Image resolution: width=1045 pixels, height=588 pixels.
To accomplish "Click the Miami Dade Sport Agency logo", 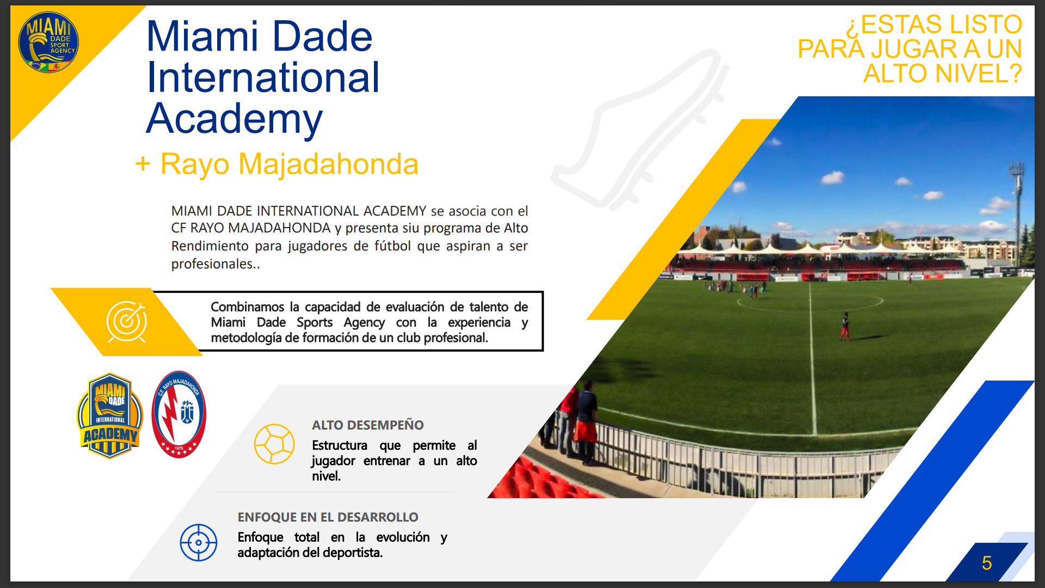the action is click(48, 42).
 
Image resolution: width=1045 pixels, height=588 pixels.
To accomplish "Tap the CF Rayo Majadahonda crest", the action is click(179, 414).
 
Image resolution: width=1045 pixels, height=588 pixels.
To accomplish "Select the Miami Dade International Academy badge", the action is click(110, 415).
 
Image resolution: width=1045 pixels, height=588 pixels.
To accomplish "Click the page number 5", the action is click(987, 563).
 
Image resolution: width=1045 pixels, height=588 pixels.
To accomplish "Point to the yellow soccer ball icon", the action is click(274, 444).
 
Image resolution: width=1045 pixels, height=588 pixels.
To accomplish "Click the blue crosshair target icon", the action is click(199, 542).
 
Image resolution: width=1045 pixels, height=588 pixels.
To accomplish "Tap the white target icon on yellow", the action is click(127, 322).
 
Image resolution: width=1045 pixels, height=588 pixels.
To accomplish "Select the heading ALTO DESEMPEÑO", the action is click(368, 425).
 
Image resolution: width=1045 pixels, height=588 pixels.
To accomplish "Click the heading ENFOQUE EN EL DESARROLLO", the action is click(328, 517).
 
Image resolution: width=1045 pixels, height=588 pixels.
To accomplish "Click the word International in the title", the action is click(263, 77).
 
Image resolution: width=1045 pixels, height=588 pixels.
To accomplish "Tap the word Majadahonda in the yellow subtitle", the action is click(329, 164).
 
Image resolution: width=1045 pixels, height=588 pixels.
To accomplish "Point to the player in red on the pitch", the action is click(845, 326).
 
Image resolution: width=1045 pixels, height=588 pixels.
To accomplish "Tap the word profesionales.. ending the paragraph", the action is click(216, 264).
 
